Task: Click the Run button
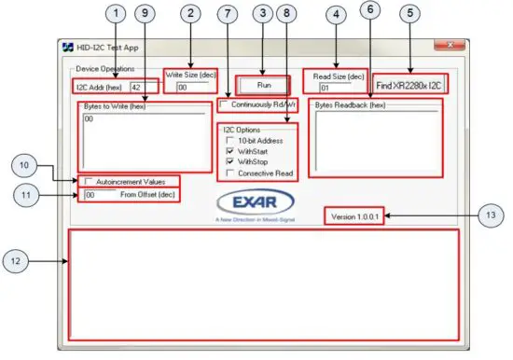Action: pyautogui.click(x=263, y=84)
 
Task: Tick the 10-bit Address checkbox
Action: pyautogui.click(x=229, y=139)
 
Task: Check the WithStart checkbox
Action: pyautogui.click(x=229, y=150)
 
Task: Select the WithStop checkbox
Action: pyautogui.click(x=229, y=161)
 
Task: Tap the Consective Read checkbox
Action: pyautogui.click(x=229, y=173)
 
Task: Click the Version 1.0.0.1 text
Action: pyautogui.click(x=355, y=216)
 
